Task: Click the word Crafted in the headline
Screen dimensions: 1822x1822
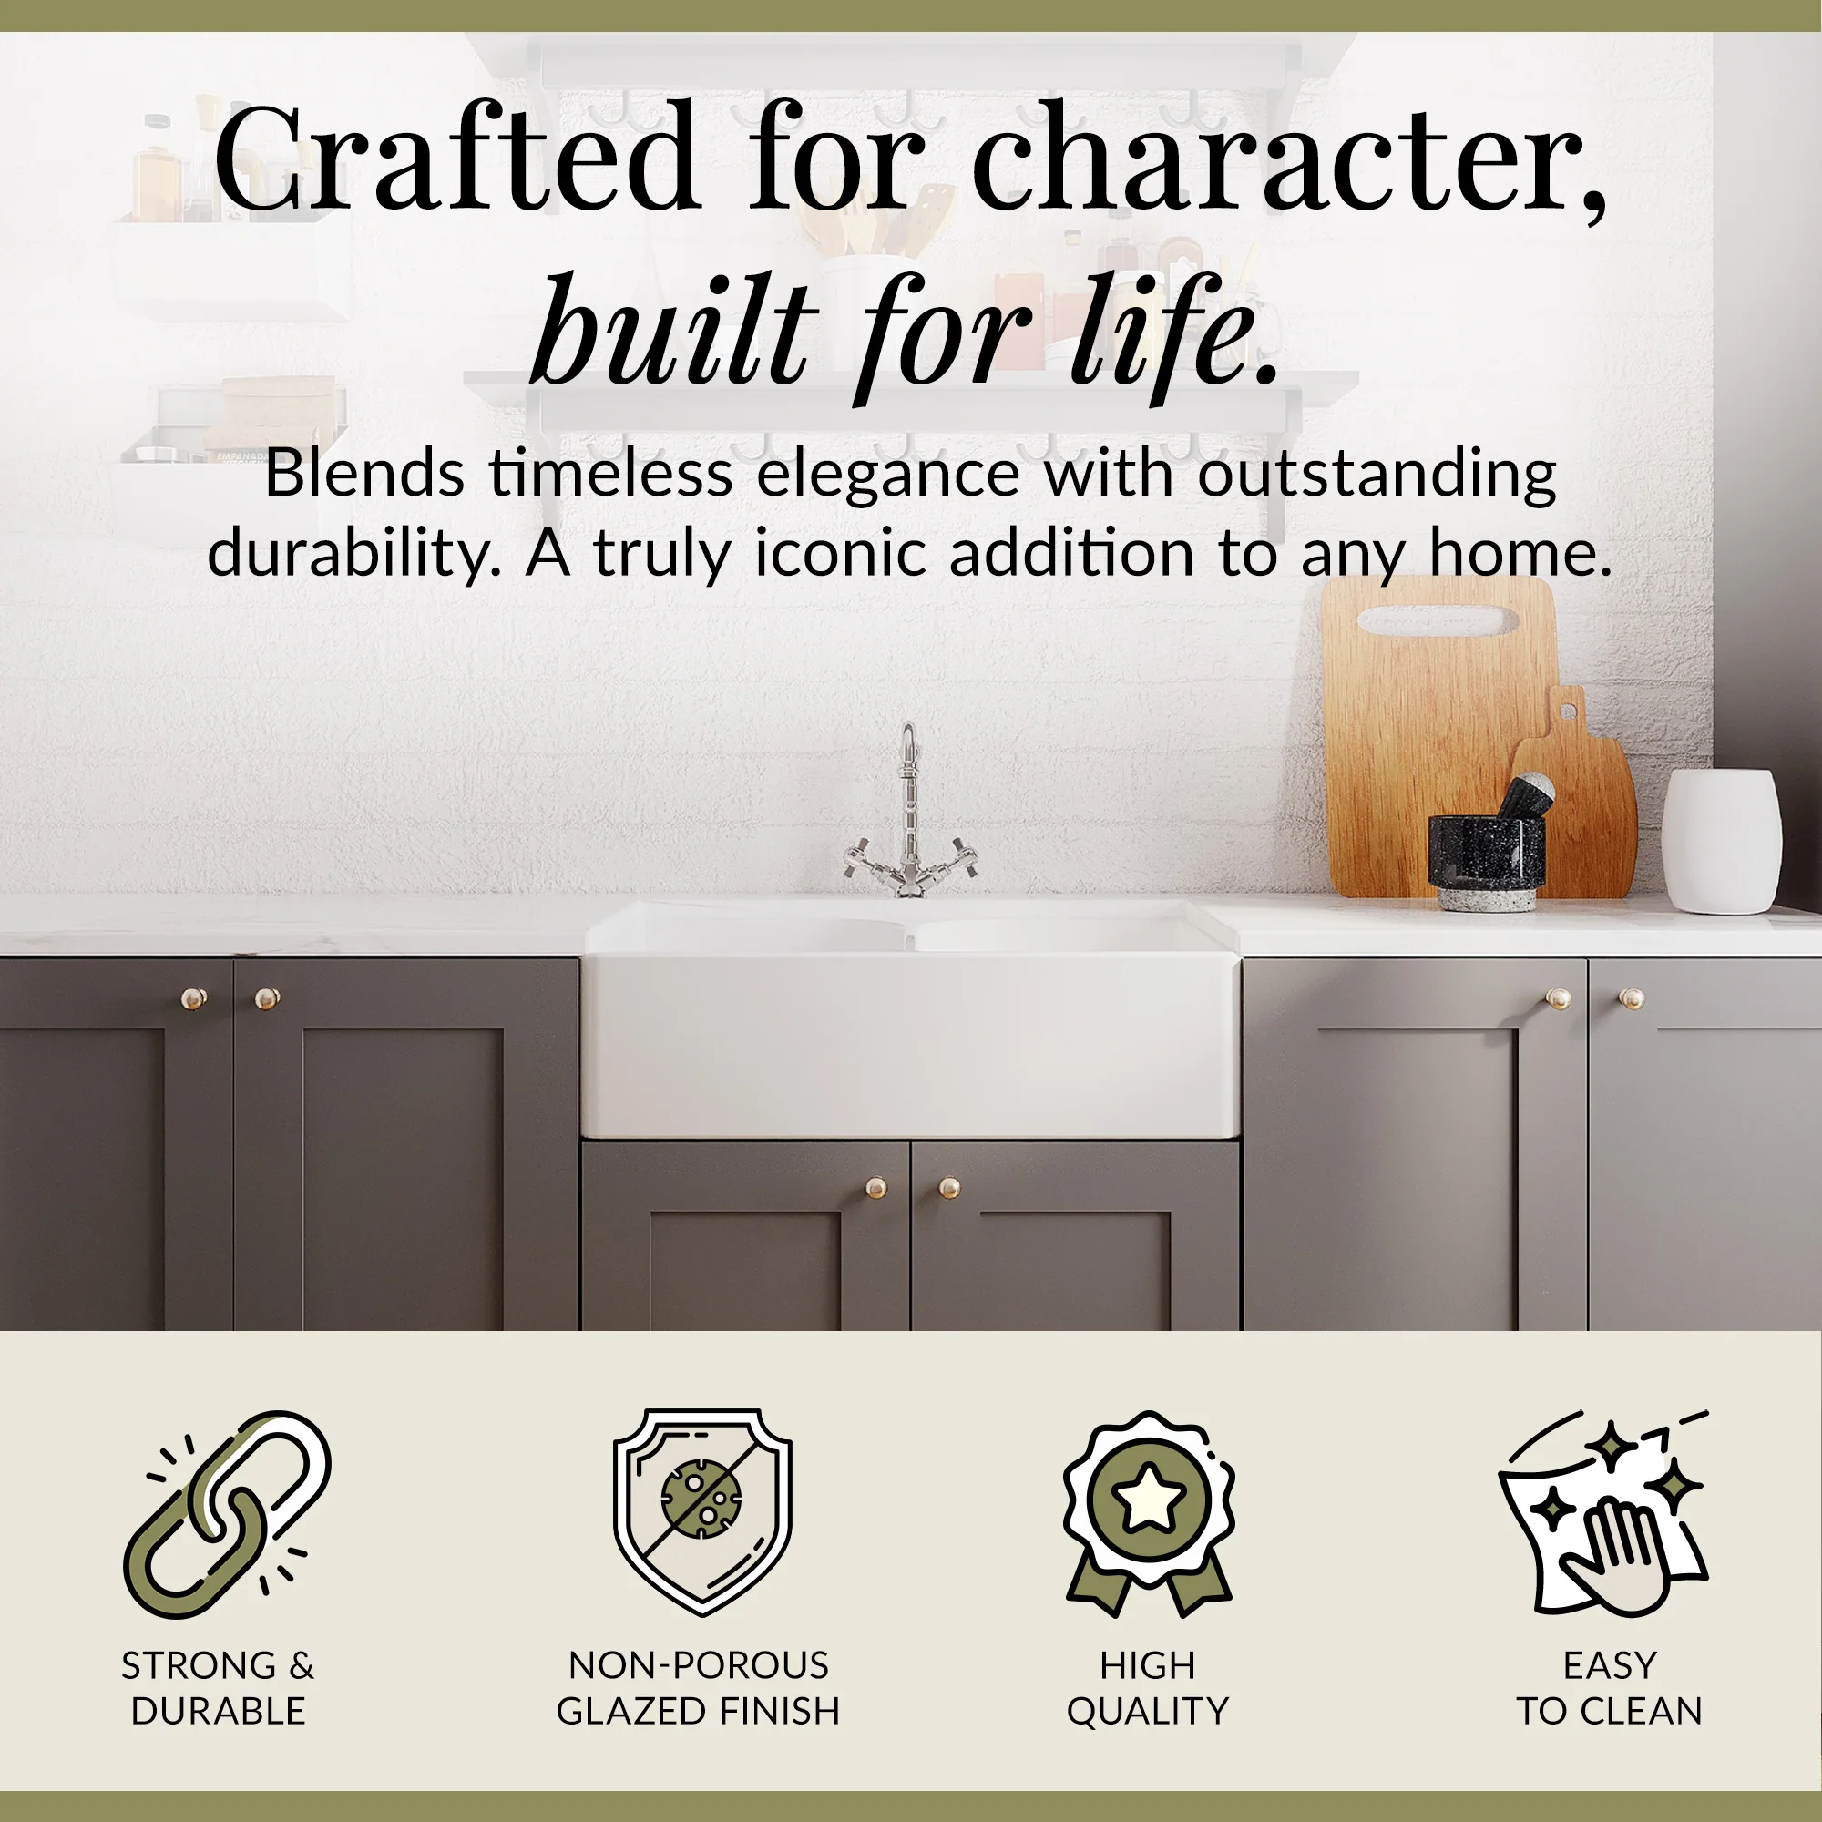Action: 455,159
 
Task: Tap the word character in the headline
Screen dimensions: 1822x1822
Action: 1287,159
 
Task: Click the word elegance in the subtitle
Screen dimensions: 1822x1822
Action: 887,475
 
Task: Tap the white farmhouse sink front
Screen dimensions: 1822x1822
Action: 910,1047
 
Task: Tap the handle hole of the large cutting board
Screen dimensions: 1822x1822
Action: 1438,620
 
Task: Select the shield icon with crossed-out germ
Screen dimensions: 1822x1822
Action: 702,1510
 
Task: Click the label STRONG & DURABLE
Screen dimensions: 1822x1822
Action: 218,1688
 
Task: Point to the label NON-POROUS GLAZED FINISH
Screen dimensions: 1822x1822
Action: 698,1688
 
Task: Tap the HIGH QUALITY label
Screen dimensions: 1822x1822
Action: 1148,1688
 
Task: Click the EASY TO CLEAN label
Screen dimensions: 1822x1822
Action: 1609,1688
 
